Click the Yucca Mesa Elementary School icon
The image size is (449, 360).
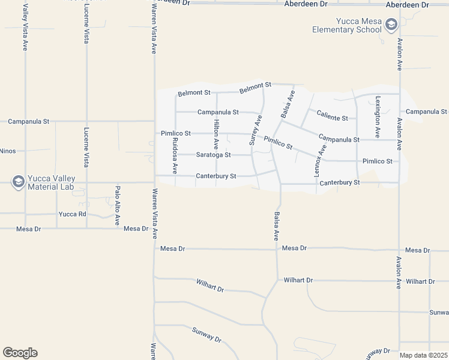(391, 25)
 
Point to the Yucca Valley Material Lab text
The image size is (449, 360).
(50, 182)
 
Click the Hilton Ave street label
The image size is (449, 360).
(216, 134)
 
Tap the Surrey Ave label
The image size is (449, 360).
(256, 131)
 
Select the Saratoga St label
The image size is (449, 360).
(213, 155)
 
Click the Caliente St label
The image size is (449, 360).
(333, 118)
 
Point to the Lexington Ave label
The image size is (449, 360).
(378, 117)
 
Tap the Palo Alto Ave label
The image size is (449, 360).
(117, 201)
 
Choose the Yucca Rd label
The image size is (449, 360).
(73, 214)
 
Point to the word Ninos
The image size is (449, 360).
(7, 151)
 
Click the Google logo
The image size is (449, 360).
(20, 353)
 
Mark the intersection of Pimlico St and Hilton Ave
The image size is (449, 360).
(216, 133)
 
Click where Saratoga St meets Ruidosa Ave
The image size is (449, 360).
(175, 154)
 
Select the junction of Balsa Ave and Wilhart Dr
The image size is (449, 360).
(277, 280)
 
